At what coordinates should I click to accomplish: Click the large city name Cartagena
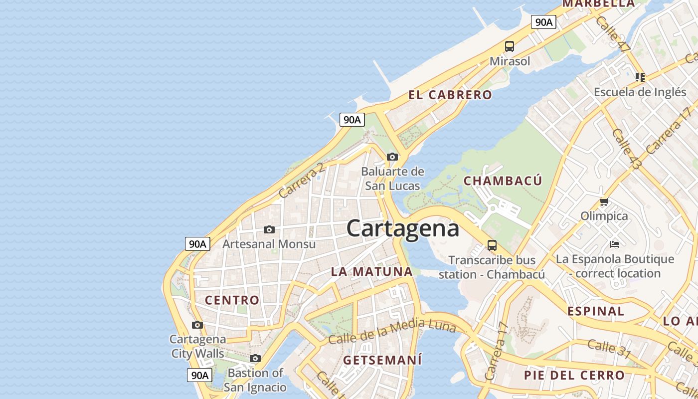pos(402,228)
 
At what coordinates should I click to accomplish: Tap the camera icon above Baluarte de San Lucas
pos(392,157)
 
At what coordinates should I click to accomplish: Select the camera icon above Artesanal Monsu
pos(269,230)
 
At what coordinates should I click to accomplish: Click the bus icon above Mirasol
pos(509,46)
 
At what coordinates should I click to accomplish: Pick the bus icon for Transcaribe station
pos(492,245)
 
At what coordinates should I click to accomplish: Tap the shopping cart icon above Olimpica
pos(604,202)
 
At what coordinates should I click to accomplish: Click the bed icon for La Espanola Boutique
pos(615,244)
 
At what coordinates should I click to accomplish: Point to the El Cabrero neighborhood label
pos(450,95)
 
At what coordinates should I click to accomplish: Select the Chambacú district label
pos(503,181)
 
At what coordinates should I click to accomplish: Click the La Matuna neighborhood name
pos(372,272)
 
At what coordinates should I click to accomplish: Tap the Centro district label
pos(232,300)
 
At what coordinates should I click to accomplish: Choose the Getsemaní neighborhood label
pos(382,360)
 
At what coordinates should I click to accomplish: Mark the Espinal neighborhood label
pos(595,311)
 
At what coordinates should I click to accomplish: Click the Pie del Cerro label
pos(574,375)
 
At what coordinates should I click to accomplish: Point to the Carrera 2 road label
pos(301,180)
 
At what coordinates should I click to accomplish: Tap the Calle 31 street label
pos(609,349)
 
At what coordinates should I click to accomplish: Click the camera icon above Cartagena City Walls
pos(197,325)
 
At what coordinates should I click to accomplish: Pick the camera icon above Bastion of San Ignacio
pos(255,359)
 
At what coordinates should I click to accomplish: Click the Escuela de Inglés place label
pos(633,92)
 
